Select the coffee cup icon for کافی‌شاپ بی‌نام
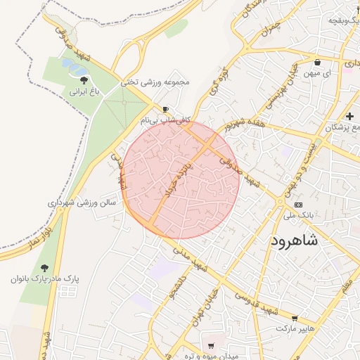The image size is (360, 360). pos(166,110)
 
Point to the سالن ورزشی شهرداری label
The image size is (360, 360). pos(82,202)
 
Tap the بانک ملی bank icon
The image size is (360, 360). pos(298,205)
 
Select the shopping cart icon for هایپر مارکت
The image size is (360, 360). pos(295,318)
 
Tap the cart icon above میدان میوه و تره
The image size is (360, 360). pos(210,345)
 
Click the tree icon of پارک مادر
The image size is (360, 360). pos(45,268)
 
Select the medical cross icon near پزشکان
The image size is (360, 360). pos(349,115)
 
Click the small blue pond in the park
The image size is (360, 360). pos(74,67)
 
